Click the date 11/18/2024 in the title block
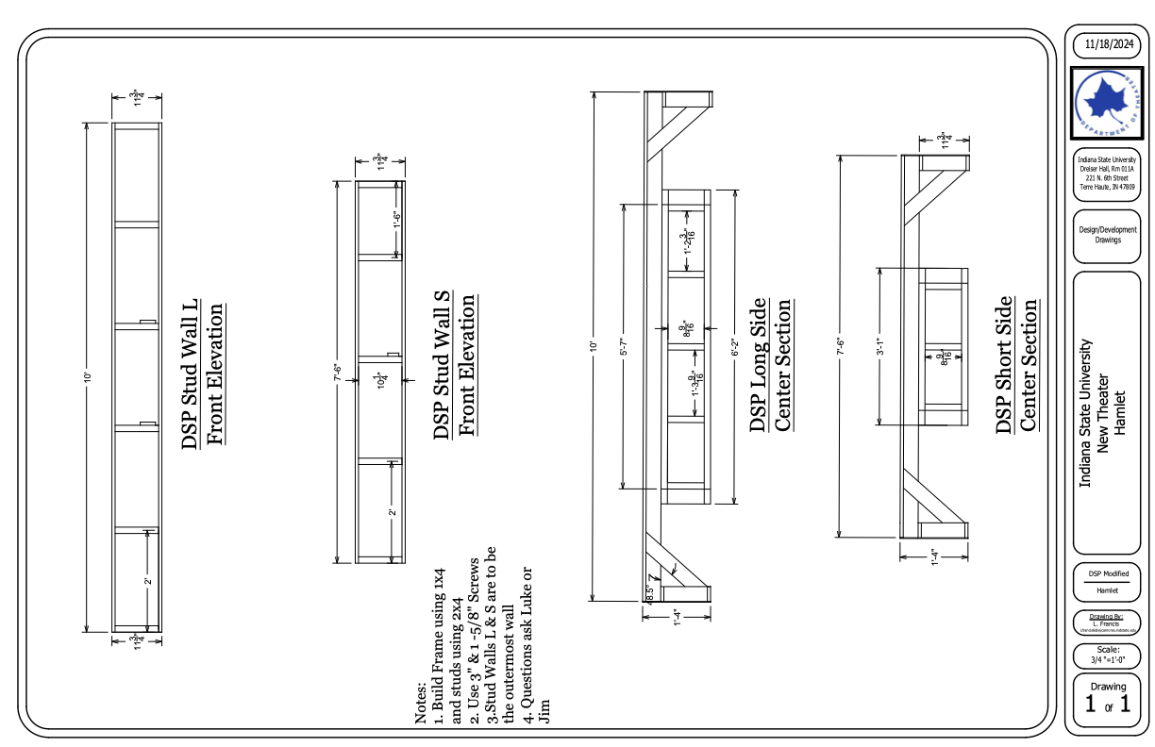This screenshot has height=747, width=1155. pyautogui.click(x=1108, y=44)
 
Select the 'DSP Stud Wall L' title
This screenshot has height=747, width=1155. pyautogui.click(x=191, y=373)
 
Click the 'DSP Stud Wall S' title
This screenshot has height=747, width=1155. pyautogui.click(x=441, y=365)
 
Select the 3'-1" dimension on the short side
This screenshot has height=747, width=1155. pyautogui.click(x=879, y=345)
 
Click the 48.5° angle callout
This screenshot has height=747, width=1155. pyautogui.click(x=650, y=592)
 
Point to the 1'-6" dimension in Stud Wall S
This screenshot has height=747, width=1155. pyautogui.click(x=397, y=219)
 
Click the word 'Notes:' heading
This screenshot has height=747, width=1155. pyautogui.click(x=421, y=703)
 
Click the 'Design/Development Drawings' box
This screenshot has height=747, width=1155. pyautogui.click(x=1108, y=234)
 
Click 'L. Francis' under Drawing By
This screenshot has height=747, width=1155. pyautogui.click(x=1108, y=622)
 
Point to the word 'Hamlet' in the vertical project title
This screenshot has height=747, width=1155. pyautogui.click(x=1121, y=413)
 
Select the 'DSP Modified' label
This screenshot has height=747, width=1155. pyautogui.click(x=1108, y=573)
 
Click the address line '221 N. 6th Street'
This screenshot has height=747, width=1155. pyautogui.click(x=1108, y=177)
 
